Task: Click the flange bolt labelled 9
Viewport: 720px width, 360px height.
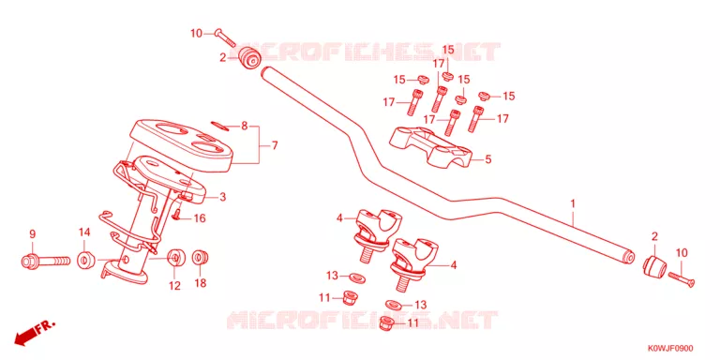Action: point(45,262)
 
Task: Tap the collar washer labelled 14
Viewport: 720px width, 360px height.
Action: point(85,261)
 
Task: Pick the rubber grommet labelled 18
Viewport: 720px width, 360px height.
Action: point(200,258)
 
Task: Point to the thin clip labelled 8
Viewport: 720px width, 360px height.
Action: point(219,126)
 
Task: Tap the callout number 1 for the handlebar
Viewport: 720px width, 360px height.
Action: point(573,202)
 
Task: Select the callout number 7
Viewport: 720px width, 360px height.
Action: point(274,145)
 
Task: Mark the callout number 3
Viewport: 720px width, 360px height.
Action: point(223,198)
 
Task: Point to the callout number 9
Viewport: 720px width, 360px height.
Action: point(32,234)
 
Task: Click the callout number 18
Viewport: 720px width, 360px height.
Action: point(202,283)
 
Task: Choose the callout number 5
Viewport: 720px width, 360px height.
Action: point(488,159)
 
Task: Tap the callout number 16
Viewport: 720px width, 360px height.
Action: point(200,218)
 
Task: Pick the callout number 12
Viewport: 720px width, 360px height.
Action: point(174,286)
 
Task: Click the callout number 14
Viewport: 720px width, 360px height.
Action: point(84,232)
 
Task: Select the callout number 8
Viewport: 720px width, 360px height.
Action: point(245,126)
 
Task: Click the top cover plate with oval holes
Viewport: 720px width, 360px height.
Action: point(179,144)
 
